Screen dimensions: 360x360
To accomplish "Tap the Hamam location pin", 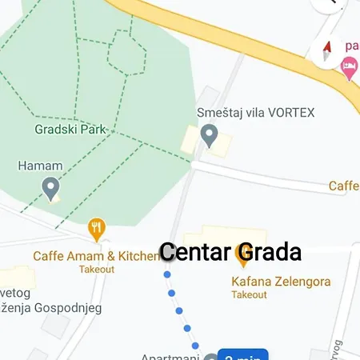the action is [51, 189].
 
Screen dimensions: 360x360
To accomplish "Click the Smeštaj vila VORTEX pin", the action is [210, 135].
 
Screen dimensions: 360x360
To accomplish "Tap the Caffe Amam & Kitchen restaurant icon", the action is [97, 230].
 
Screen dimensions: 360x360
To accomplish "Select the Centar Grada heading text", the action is [230, 252].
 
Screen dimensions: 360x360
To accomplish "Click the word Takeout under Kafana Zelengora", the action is [249, 294].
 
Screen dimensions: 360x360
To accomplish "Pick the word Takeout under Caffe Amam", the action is [97, 269].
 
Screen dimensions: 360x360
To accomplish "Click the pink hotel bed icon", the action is [349, 70].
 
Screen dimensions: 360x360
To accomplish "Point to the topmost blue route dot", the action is [167, 275].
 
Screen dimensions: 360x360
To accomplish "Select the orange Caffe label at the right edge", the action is [344, 186].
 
